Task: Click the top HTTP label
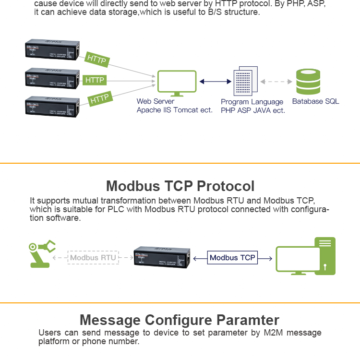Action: [97, 60]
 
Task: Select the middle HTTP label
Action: [95, 80]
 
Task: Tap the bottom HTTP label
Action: [100, 99]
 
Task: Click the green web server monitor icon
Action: [177, 83]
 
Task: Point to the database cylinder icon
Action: [308, 82]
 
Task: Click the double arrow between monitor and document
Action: [216, 82]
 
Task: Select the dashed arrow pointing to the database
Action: [276, 82]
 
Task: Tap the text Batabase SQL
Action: [315, 101]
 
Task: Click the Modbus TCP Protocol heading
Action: [180, 186]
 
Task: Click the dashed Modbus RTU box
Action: [93, 258]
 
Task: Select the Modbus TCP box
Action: [232, 258]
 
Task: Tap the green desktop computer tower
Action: [325, 255]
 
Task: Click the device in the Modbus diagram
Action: [162, 257]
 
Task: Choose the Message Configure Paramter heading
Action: [179, 320]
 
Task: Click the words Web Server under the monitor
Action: [155, 101]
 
